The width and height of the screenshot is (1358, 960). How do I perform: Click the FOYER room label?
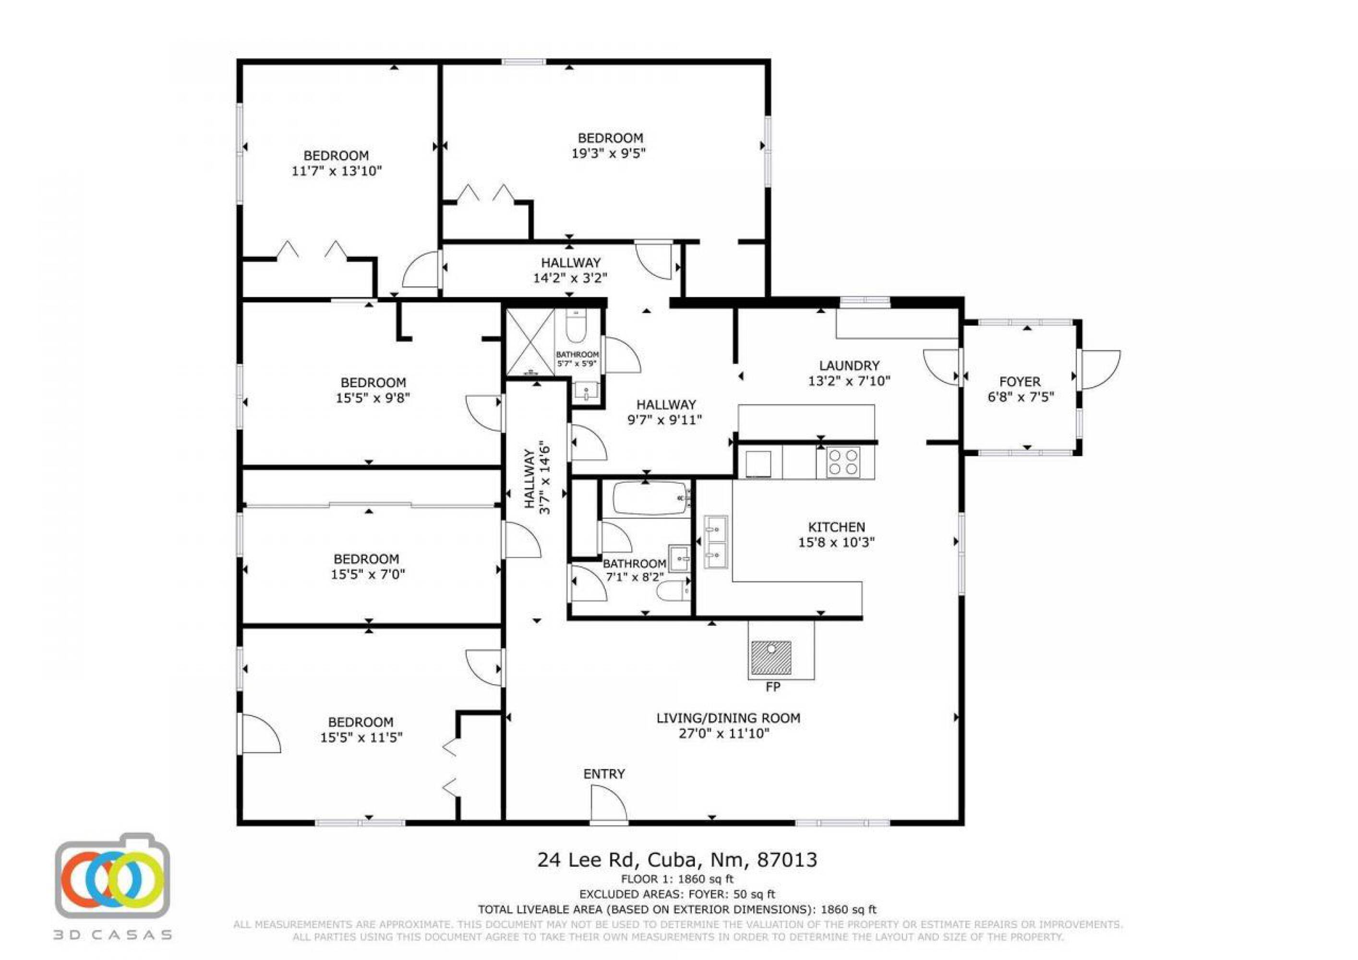click(1020, 382)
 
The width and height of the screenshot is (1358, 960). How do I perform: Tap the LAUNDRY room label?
click(849, 366)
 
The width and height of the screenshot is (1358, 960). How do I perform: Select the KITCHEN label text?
click(836, 527)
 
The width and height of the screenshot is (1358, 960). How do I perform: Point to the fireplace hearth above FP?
click(771, 658)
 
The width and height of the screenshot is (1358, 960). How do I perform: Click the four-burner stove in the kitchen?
click(842, 462)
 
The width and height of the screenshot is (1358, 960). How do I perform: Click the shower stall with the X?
click(530, 342)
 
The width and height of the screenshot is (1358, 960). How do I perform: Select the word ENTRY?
click(604, 774)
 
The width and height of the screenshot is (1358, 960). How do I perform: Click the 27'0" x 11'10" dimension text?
click(724, 734)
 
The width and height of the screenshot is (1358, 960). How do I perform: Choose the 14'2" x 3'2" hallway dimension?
click(570, 278)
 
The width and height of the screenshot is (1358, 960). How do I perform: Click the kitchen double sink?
click(716, 542)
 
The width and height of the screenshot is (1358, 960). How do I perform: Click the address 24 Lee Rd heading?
click(677, 860)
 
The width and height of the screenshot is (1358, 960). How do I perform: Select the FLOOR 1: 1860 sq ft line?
click(677, 879)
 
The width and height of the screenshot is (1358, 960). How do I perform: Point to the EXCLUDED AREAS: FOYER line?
click(677, 894)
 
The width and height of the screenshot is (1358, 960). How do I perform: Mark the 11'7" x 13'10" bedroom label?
click(336, 164)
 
